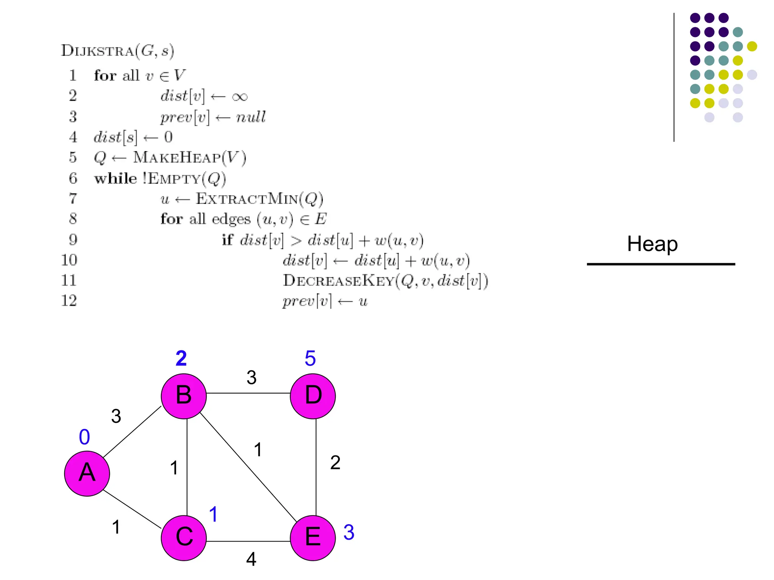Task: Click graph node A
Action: [x=87, y=473]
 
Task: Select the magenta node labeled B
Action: [x=184, y=396]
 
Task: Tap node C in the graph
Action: [x=184, y=537]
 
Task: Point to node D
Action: [x=313, y=396]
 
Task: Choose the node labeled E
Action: [x=313, y=537]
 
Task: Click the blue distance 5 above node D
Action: [x=310, y=358]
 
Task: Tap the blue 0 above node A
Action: [x=84, y=437]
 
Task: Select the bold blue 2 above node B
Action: [x=181, y=358]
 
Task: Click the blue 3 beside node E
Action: [x=349, y=532]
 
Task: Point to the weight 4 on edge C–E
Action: [x=251, y=559]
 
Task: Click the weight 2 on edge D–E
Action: [x=335, y=463]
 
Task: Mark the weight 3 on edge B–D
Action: [x=252, y=377]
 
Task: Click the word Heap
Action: [x=652, y=244]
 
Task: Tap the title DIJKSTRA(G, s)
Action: [x=118, y=51]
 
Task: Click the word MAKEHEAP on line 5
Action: [x=177, y=157]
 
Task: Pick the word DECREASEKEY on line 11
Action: [x=338, y=281]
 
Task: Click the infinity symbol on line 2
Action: [x=240, y=97]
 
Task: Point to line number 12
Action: [x=69, y=301]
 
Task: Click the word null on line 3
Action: [x=251, y=117]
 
